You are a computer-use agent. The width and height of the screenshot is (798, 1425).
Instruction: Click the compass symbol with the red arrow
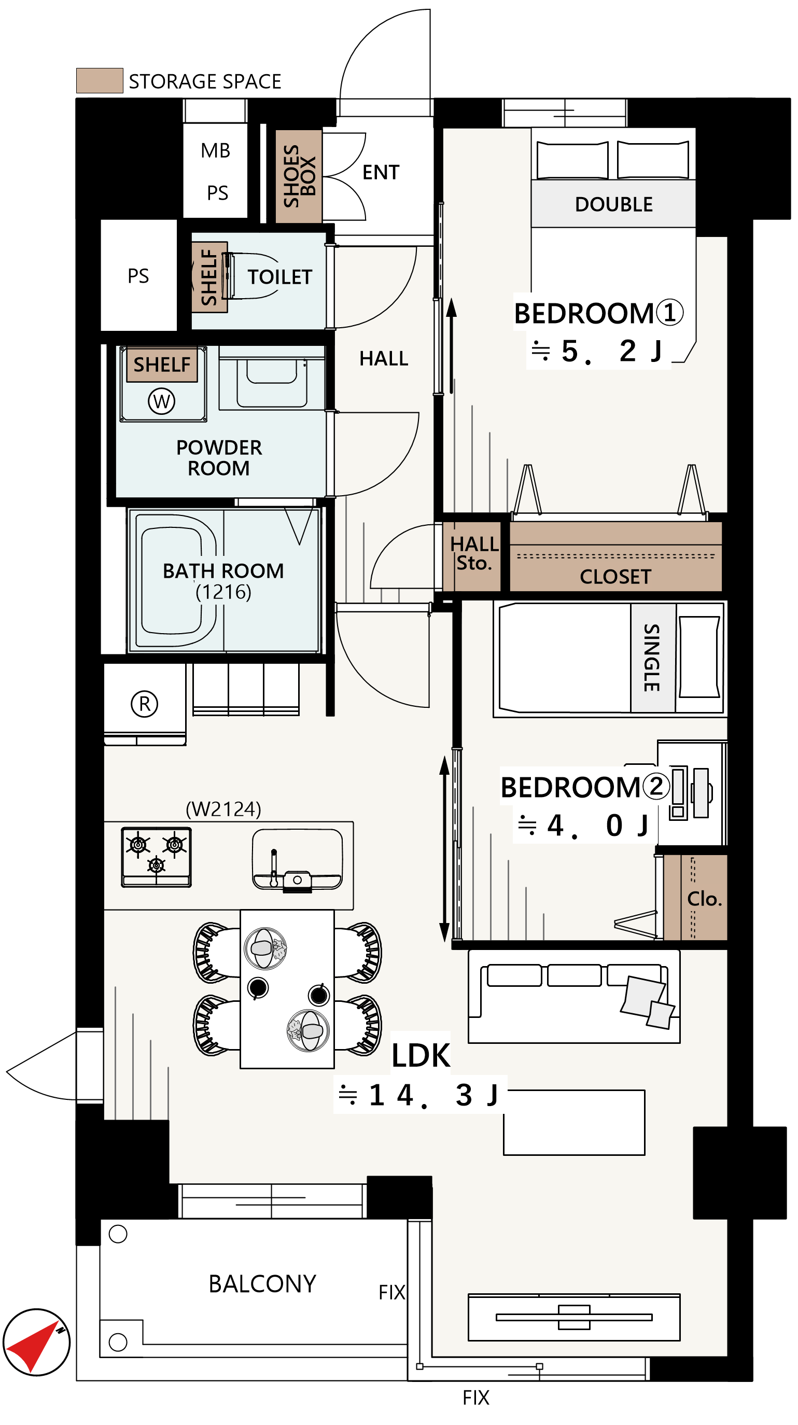[36, 1343]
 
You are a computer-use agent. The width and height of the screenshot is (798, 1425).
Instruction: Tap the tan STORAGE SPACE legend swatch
[100, 81]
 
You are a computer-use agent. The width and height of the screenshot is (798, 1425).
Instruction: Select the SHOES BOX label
[299, 176]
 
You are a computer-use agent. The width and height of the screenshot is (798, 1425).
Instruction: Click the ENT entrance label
[381, 173]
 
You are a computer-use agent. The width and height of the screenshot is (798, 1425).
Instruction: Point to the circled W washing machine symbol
[161, 401]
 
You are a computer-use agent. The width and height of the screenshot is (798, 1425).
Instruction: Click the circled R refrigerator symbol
[144, 704]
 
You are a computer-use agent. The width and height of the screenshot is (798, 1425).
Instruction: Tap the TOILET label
[280, 276]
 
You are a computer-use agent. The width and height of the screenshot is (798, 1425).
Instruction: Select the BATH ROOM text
[223, 571]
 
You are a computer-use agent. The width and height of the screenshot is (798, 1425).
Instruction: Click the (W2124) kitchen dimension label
[223, 809]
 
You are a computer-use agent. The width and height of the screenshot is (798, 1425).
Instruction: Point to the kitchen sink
[297, 860]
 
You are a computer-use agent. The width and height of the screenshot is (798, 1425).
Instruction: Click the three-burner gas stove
[157, 857]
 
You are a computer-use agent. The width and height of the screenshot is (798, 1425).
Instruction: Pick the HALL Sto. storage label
[474, 553]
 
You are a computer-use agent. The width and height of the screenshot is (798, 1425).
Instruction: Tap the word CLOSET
[615, 577]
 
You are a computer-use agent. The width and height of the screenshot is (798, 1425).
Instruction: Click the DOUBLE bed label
[614, 205]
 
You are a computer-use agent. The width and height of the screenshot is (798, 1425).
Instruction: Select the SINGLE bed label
[652, 658]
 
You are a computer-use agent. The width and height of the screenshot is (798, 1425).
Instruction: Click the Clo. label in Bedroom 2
[705, 899]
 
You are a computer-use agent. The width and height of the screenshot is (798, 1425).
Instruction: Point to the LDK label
[421, 1055]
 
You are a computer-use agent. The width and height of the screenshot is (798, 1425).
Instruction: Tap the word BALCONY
[262, 1284]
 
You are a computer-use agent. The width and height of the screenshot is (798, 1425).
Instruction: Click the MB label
[216, 150]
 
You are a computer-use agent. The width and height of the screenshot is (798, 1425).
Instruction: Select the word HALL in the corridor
[384, 358]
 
